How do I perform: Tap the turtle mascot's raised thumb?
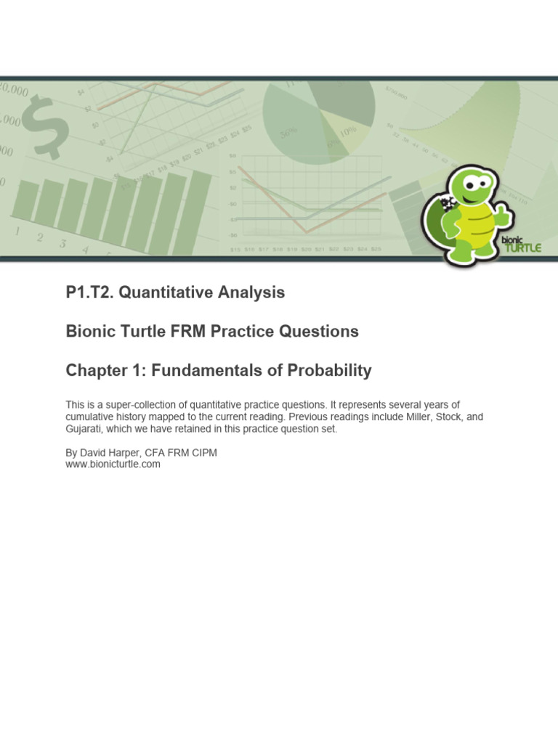tap(502, 211)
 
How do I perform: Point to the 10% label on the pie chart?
tap(348, 132)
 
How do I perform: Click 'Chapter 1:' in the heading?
tap(104, 371)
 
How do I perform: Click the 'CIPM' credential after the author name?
tap(202, 453)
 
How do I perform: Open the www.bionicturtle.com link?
tap(113, 464)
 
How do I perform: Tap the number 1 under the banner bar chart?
tap(17, 232)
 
